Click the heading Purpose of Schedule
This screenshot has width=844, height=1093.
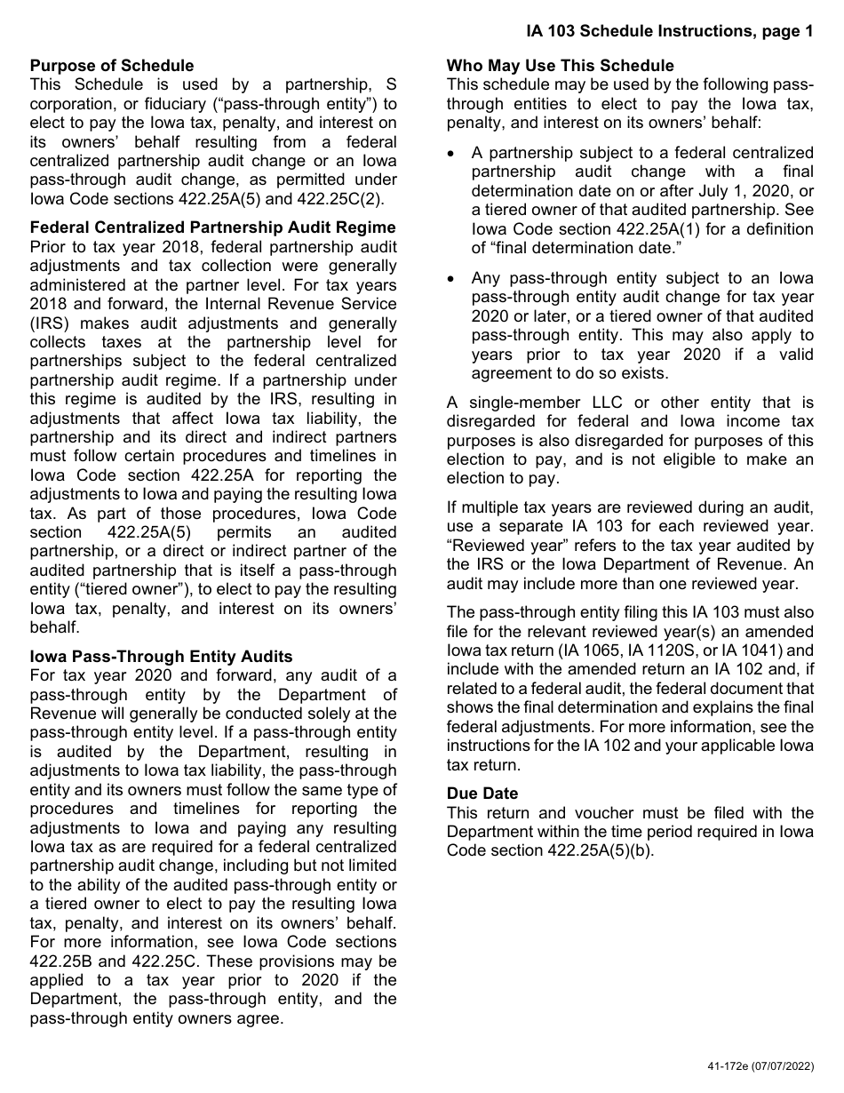point(112,66)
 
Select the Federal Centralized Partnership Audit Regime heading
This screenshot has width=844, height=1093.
point(213,227)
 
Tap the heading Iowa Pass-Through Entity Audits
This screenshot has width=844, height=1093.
point(161,657)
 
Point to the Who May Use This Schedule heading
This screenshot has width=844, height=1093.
point(560,66)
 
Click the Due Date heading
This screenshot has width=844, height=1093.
point(482,794)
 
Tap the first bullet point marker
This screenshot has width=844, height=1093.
point(454,154)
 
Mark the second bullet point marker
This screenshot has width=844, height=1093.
point(454,279)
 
